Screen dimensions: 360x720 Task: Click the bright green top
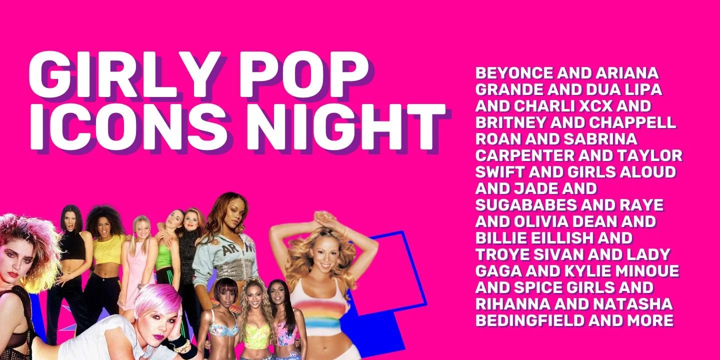(x=163, y=260)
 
